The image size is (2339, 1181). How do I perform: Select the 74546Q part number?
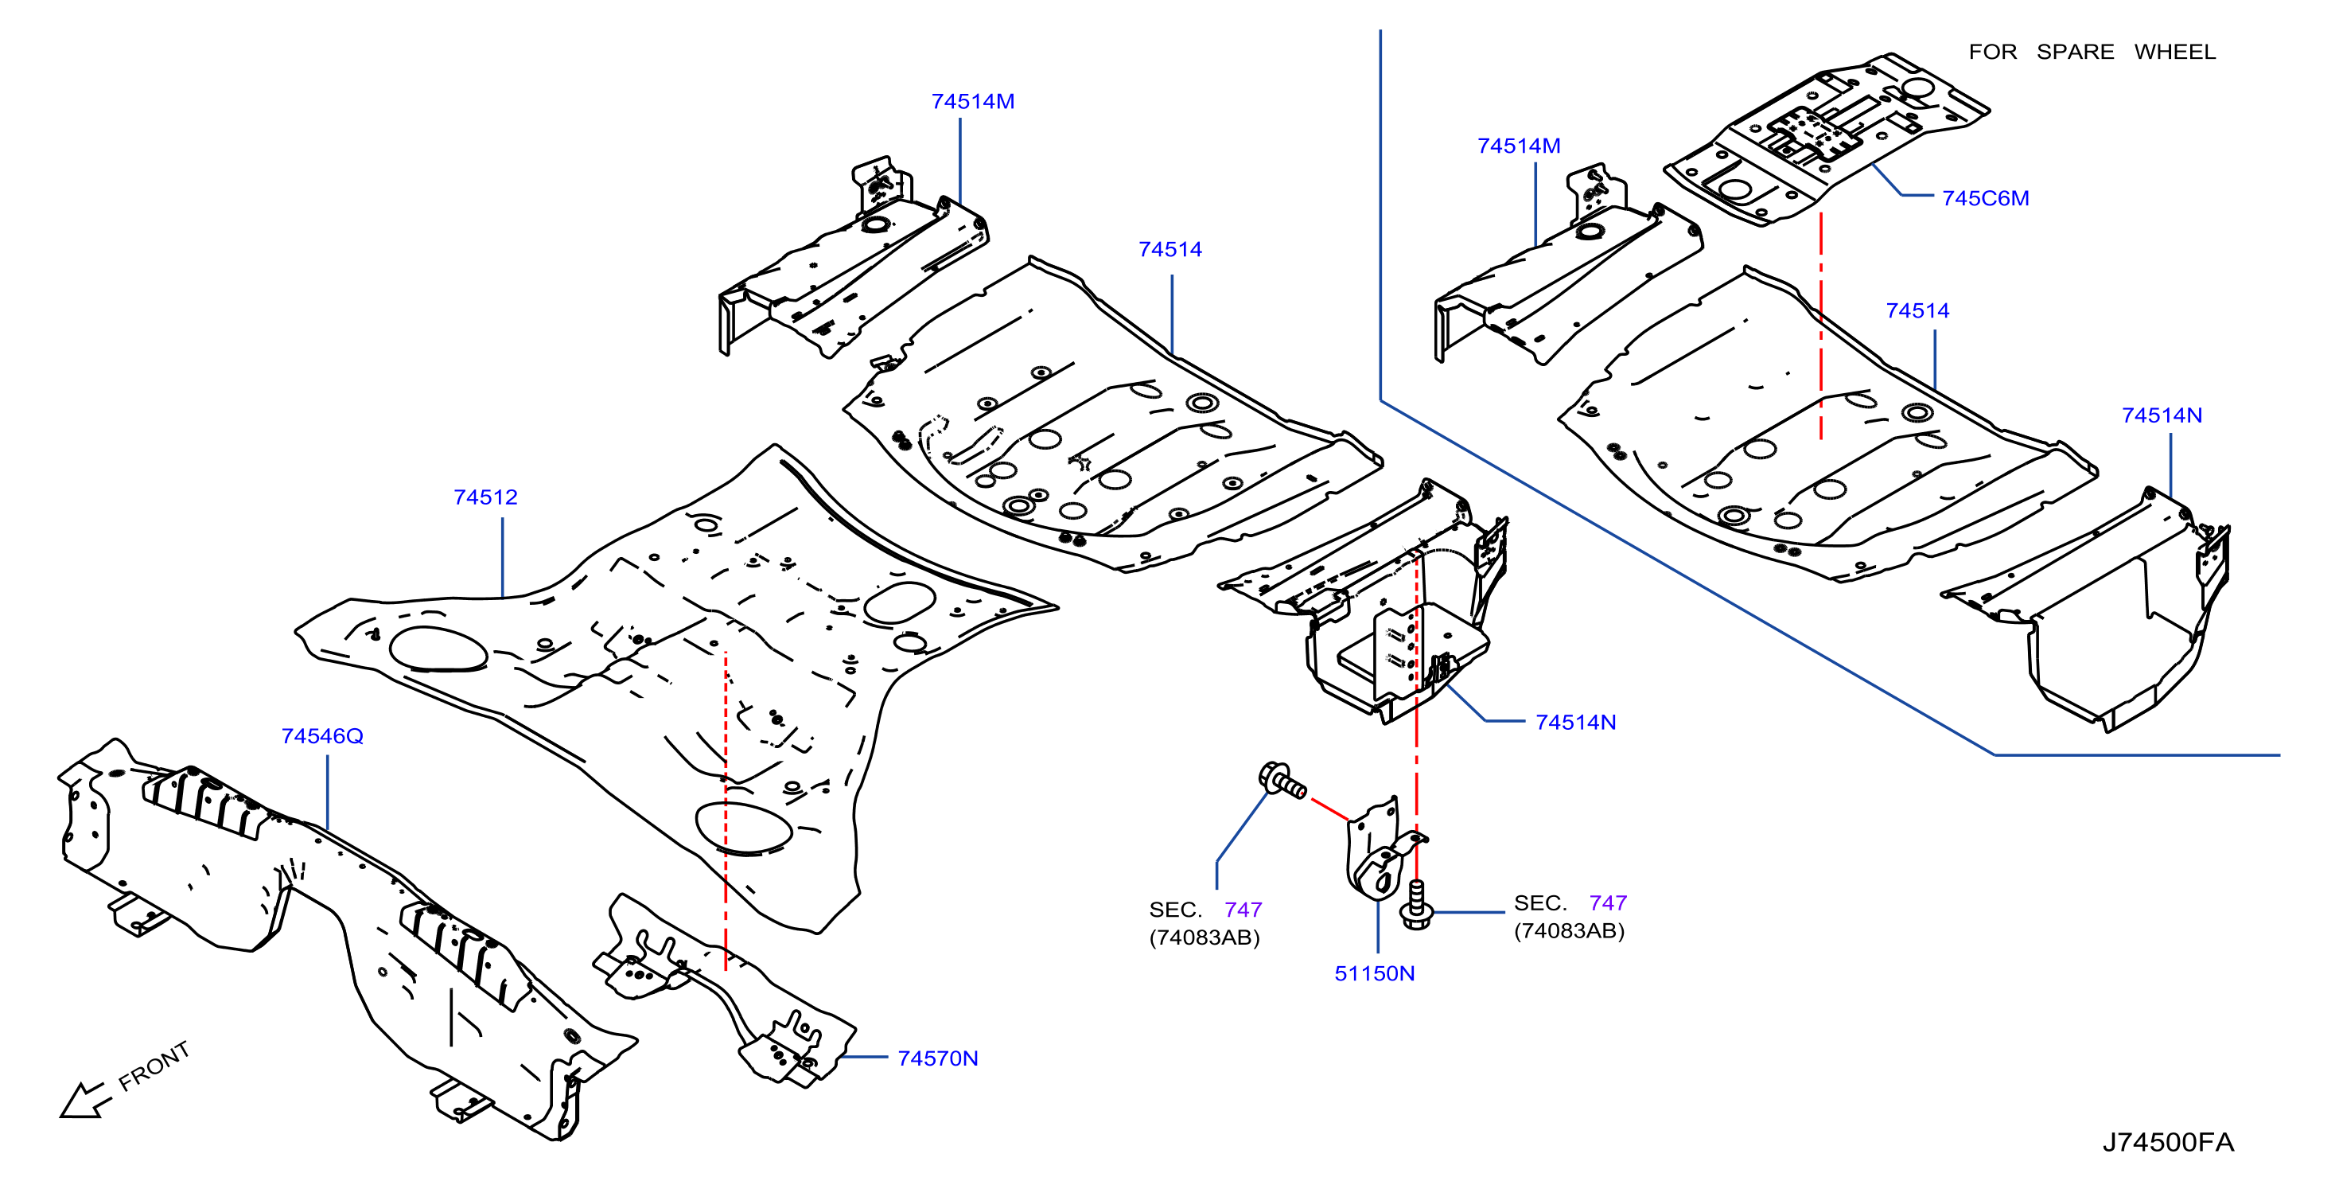tap(322, 736)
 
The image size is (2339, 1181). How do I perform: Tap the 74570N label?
tap(938, 1058)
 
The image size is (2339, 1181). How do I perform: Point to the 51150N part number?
tap(1375, 973)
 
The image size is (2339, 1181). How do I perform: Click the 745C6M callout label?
tap(1986, 198)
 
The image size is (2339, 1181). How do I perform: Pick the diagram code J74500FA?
tap(2168, 1142)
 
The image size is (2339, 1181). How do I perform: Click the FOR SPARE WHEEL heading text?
tap(2092, 52)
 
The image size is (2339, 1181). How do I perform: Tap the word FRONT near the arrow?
tap(154, 1066)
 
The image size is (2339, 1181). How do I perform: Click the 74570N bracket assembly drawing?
tap(726, 990)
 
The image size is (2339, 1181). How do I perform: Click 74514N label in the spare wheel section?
tap(2162, 415)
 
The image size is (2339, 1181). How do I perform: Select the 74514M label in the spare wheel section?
tap(1519, 146)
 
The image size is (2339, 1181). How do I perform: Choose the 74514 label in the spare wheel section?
tap(1917, 310)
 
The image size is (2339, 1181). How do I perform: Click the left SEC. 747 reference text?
tap(1206, 910)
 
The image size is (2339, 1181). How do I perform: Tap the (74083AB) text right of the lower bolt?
tap(1569, 931)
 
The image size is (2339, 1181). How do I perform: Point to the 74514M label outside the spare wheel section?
tap(972, 102)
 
